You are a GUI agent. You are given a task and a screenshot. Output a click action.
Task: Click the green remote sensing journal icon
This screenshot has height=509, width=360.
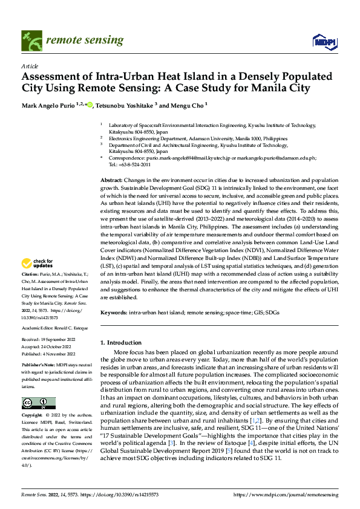pos(31,41)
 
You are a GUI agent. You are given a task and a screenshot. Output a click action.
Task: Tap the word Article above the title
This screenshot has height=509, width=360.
pos(30,65)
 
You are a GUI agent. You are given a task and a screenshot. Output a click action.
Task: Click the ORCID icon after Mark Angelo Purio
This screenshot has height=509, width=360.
pos(90,105)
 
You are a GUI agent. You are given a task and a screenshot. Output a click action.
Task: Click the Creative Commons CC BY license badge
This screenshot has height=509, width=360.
pos(38,403)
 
